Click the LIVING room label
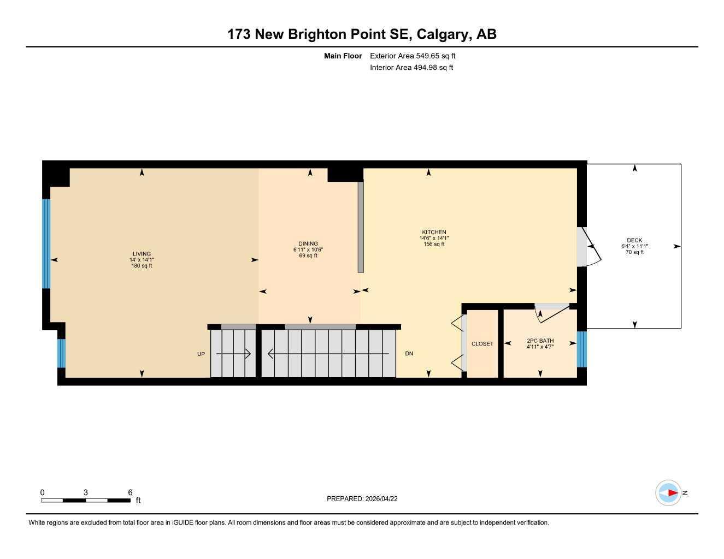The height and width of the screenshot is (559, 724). (x=142, y=254)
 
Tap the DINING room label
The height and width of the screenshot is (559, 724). (x=308, y=244)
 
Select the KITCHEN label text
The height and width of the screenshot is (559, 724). (x=434, y=233)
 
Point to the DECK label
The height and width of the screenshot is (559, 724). (x=634, y=240)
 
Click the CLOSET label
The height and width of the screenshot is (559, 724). (x=482, y=344)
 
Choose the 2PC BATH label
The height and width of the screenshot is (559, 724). (x=540, y=341)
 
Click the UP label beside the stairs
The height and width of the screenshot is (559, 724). (x=201, y=354)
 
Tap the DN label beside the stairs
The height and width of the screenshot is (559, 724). (x=409, y=354)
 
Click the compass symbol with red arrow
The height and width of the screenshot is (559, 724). (x=669, y=493)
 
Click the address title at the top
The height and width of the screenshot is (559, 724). (x=362, y=34)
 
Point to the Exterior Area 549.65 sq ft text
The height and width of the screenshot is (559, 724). (x=413, y=56)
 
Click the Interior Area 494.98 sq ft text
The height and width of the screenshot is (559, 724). (x=411, y=68)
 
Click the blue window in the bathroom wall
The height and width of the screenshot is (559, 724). (x=582, y=349)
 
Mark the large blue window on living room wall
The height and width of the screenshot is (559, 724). (x=46, y=243)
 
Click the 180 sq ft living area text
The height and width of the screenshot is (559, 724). (x=142, y=266)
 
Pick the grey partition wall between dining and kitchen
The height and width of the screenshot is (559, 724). (x=361, y=227)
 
